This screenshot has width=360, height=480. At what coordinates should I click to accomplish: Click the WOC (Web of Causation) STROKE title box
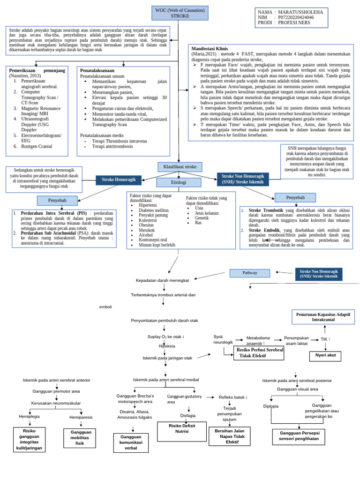point(180,13)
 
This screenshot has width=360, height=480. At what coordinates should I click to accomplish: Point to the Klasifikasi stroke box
point(180,167)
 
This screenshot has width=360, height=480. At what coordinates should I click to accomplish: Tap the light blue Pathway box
point(249,273)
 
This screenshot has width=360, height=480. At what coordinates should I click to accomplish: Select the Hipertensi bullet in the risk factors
point(148,205)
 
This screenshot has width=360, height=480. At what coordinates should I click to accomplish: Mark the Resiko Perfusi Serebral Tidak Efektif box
point(260,353)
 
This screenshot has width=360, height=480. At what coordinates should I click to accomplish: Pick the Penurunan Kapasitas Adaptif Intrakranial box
point(324,316)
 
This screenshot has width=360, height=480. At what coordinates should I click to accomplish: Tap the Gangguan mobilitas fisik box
point(80,437)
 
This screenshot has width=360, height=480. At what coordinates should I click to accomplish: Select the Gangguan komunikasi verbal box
point(131,442)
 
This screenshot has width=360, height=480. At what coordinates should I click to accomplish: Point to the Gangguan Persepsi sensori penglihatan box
point(299,435)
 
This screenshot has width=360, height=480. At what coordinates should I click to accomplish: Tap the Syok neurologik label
point(223,339)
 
